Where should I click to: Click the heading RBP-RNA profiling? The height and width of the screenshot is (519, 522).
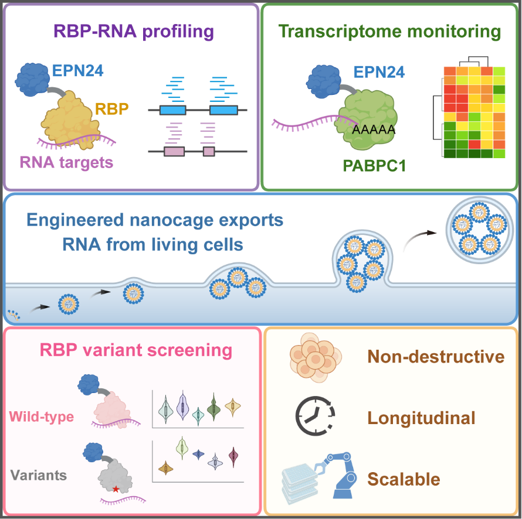tap(134, 32)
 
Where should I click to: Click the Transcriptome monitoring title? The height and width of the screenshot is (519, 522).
tap(389, 32)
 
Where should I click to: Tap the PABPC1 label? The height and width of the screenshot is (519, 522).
tap(374, 166)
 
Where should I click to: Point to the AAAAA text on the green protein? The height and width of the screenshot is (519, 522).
tap(374, 129)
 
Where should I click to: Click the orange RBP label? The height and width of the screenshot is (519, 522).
tap(112, 109)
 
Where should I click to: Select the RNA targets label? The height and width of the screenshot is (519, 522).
tap(67, 163)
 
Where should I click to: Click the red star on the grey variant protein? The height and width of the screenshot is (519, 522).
tap(116, 489)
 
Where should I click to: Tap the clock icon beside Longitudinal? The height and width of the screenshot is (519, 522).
tap(315, 416)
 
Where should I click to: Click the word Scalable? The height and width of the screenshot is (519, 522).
tap(404, 479)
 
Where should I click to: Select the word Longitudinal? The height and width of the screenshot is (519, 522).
tap(421, 418)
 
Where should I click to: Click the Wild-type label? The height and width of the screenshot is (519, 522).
tap(41, 416)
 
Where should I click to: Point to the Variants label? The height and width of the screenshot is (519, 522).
tap(39, 475)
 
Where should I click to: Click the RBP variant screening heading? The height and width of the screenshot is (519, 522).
tap(136, 350)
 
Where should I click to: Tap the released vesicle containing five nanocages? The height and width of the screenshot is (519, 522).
tap(480, 230)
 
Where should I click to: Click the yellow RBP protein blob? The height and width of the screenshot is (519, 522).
tap(70, 119)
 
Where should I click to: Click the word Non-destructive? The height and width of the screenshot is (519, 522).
tap(436, 356)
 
